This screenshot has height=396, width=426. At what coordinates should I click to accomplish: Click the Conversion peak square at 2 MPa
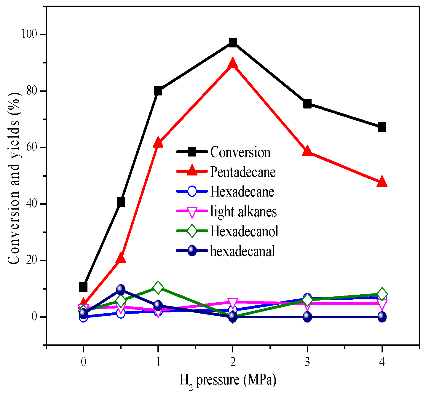(233, 42)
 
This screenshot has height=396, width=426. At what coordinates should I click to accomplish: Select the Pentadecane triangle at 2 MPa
(233, 63)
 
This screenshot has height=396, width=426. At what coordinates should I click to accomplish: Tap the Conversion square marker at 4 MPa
(382, 127)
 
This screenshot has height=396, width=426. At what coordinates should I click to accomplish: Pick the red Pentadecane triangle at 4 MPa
(382, 182)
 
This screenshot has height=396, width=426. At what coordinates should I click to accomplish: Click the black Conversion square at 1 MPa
(158, 91)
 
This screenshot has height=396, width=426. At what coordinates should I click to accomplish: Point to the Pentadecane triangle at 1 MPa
(158, 143)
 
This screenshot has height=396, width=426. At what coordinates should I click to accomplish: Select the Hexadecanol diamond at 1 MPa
(158, 288)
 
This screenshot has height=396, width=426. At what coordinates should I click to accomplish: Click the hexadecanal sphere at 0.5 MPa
(120, 289)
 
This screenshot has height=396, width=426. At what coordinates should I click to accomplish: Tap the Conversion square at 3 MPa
(307, 104)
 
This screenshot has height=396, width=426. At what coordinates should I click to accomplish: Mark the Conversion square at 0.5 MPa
(120, 202)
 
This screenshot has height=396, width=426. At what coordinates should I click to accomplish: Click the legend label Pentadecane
(243, 172)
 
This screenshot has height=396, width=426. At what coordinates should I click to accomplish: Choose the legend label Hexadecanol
(244, 231)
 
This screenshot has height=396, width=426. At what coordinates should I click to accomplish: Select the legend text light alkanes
(243, 212)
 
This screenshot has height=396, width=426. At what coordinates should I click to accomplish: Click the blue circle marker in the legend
(192, 191)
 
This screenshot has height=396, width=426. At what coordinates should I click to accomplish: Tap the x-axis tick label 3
(307, 362)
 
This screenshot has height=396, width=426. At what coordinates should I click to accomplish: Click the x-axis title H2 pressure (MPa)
(228, 380)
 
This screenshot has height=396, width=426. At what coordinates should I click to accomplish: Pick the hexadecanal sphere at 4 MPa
(382, 317)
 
